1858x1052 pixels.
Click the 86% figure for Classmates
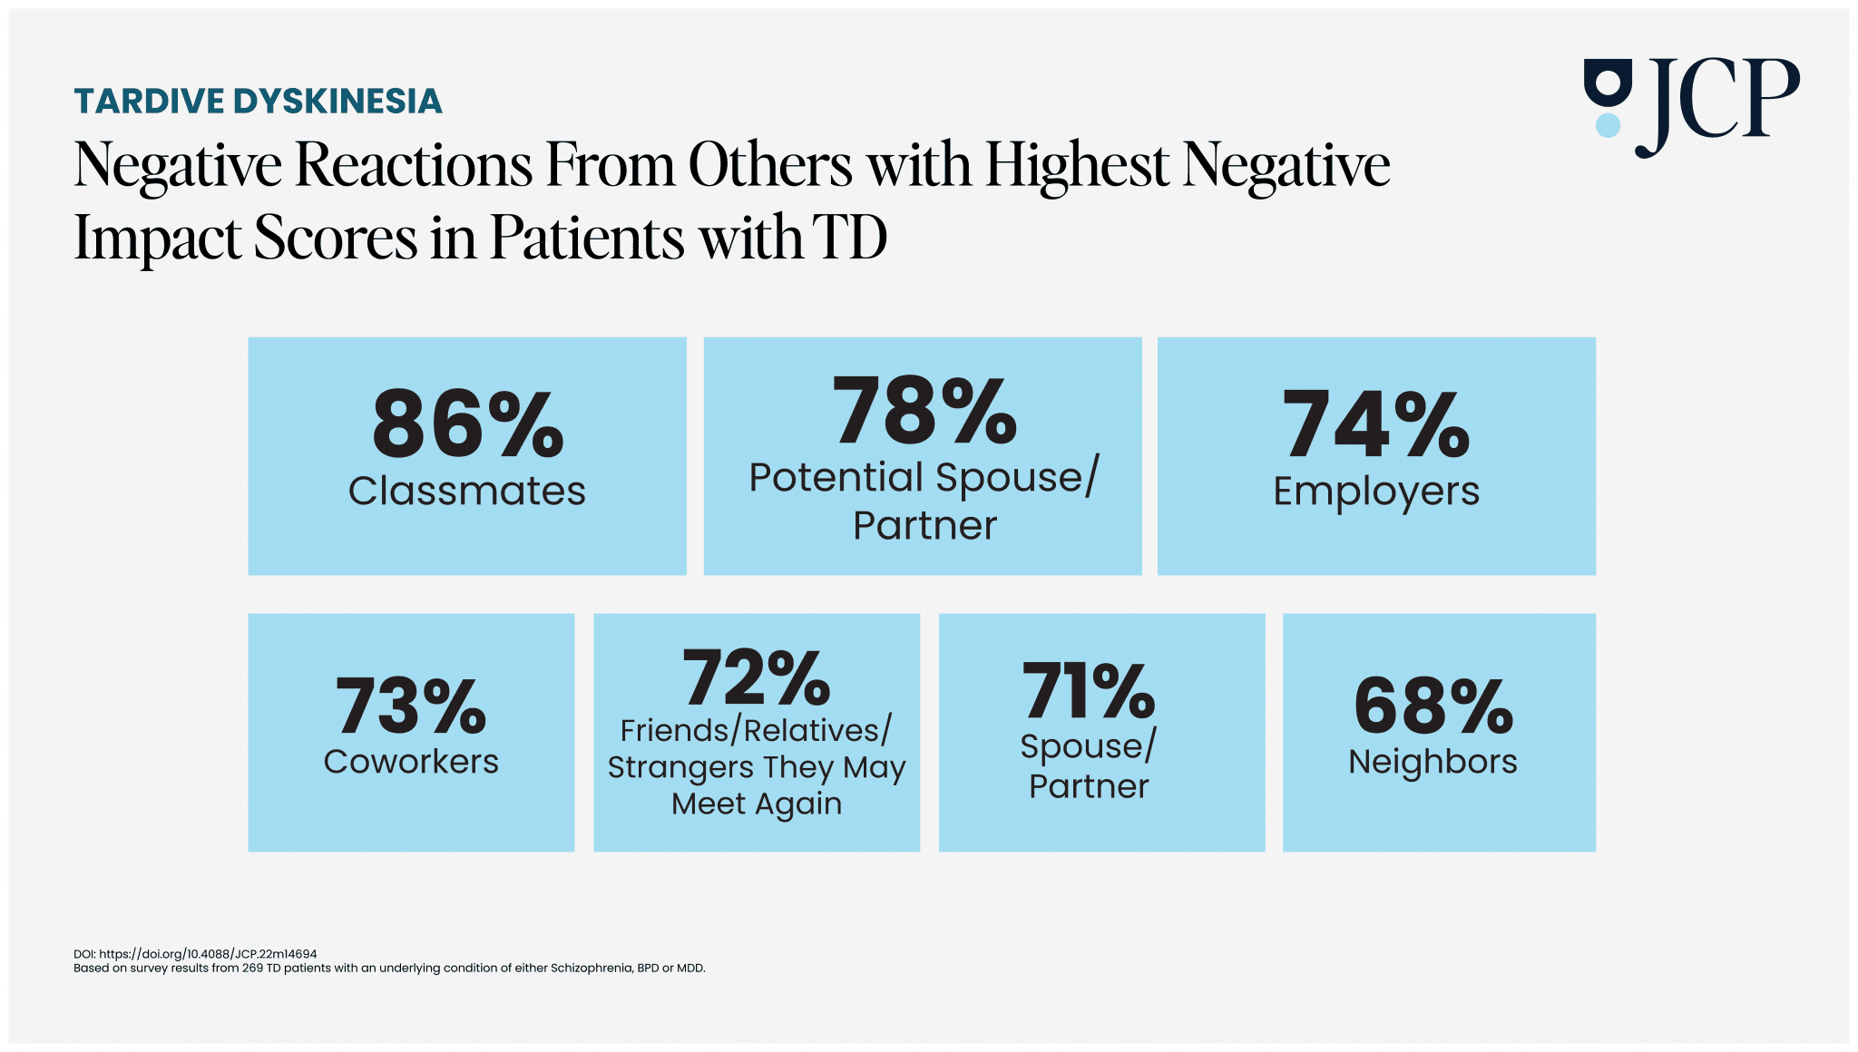coord(467,424)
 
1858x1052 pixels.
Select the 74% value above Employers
coord(1375,424)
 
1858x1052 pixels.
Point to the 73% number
coord(411,706)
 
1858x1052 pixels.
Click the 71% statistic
coord(1089,692)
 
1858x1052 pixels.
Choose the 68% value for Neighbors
coord(1433,706)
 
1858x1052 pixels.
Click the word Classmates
coord(467,492)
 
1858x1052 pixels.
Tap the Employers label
coord(1375,492)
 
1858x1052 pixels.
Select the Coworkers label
coord(411,762)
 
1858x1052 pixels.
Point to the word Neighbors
coord(1433,762)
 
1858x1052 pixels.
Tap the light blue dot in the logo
coord(1608,125)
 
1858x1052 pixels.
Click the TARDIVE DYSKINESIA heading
coord(259,101)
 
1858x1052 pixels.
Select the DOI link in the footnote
coord(208,954)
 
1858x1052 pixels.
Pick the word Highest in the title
coord(1077,165)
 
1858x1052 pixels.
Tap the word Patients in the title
coord(587,238)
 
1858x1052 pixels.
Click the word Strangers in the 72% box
coord(680,768)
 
